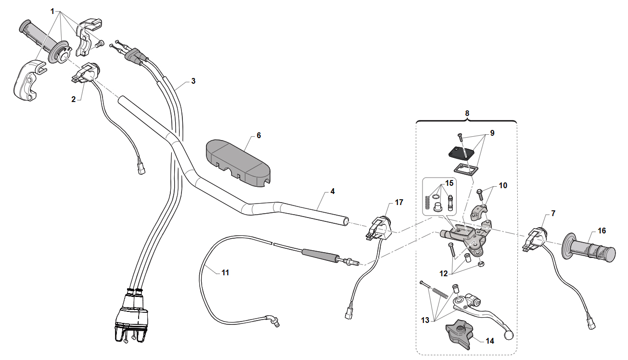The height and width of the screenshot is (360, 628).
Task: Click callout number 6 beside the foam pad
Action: (x=258, y=135)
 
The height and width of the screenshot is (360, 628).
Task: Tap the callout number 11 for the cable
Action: (x=225, y=272)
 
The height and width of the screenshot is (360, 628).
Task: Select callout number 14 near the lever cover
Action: (x=489, y=341)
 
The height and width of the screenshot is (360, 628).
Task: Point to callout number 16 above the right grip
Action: (x=602, y=231)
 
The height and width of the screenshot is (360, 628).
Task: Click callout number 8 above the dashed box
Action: (x=467, y=113)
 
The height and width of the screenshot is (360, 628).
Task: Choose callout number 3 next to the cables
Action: (x=193, y=81)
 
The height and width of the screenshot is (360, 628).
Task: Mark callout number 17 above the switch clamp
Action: (x=399, y=203)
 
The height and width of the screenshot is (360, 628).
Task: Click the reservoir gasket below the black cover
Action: (x=463, y=170)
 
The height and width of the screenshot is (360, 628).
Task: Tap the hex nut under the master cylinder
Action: (x=481, y=264)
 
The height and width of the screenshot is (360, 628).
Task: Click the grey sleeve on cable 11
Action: (x=320, y=256)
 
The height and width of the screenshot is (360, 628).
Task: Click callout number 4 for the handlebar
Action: (x=332, y=192)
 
